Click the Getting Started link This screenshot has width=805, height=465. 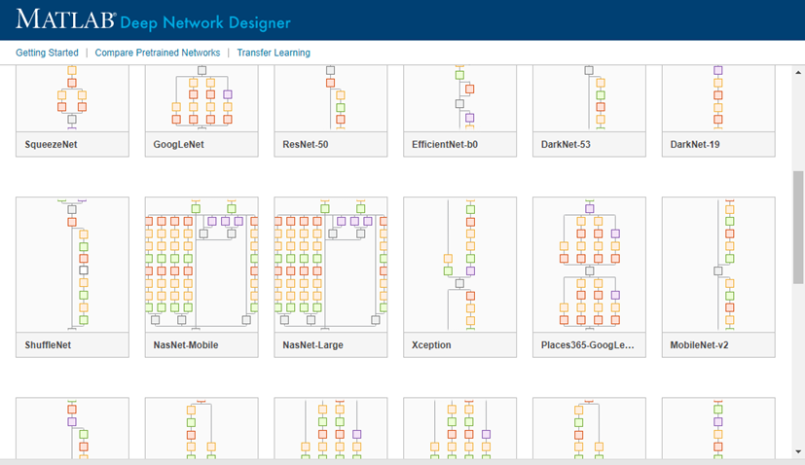[48, 53]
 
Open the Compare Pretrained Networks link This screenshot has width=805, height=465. [158, 53]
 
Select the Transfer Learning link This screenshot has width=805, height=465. [274, 53]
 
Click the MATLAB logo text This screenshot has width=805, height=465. [66, 19]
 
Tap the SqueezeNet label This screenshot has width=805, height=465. [51, 144]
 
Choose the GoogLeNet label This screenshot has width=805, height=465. [179, 144]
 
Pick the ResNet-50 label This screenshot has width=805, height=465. [306, 144]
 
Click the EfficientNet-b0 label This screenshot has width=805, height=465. [445, 144]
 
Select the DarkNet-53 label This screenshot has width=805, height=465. [566, 144]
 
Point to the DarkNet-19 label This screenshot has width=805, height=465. [695, 144]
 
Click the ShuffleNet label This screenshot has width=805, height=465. [48, 345]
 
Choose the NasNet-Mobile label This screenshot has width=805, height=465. [186, 345]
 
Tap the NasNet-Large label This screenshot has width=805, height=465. [312, 345]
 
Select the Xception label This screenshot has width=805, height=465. [431, 345]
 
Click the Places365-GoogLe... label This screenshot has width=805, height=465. [587, 345]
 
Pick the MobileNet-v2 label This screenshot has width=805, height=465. [699, 345]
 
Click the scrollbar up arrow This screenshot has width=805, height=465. [798, 72]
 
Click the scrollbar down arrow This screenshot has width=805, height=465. [798, 451]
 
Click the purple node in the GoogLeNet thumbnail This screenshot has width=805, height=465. [228, 94]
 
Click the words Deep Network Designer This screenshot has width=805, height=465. [205, 23]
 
